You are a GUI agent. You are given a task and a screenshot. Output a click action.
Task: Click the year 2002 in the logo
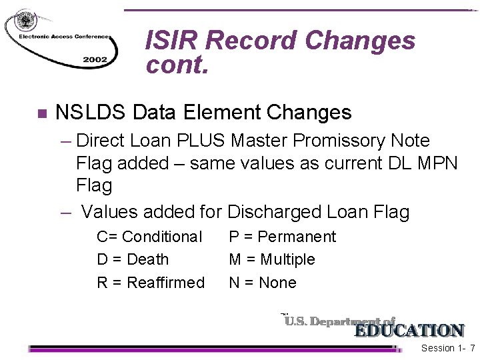[x=95, y=59]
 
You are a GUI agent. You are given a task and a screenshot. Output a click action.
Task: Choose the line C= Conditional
[x=149, y=237]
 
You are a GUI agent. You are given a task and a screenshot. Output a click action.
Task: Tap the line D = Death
[x=133, y=259]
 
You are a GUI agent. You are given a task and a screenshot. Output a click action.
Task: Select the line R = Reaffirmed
[x=151, y=283]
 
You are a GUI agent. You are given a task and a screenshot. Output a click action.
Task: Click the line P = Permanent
[x=283, y=237]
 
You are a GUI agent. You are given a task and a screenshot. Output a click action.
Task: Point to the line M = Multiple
[x=272, y=259]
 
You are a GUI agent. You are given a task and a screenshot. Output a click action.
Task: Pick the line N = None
[x=263, y=283]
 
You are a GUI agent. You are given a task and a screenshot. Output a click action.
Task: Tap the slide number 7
[x=472, y=349]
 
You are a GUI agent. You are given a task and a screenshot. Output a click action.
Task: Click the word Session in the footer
[x=438, y=349]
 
